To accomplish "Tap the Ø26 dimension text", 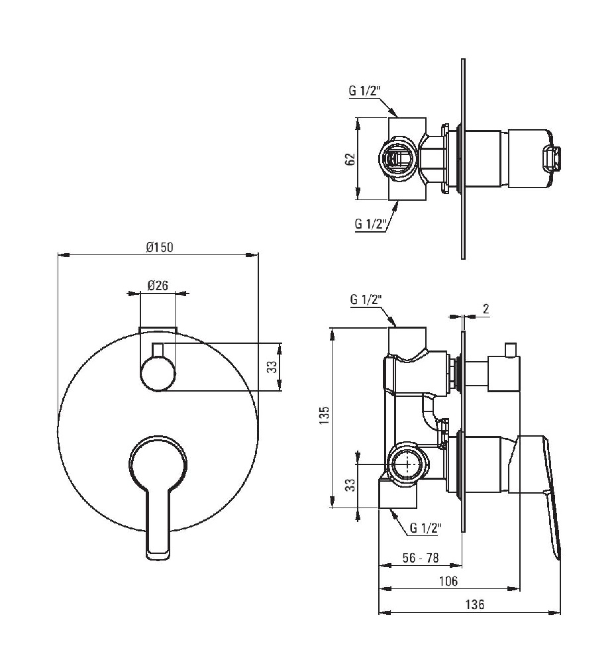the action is pos(158,285).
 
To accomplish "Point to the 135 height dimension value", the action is pos(325,415).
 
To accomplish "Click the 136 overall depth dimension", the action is pos(475,604).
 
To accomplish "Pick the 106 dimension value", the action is pos(448,581).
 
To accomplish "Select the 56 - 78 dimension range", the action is pos(421,558).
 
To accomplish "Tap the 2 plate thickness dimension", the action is pos(486,309).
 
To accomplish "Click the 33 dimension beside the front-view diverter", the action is pos(272,366).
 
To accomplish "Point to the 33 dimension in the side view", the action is pos(350,484).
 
